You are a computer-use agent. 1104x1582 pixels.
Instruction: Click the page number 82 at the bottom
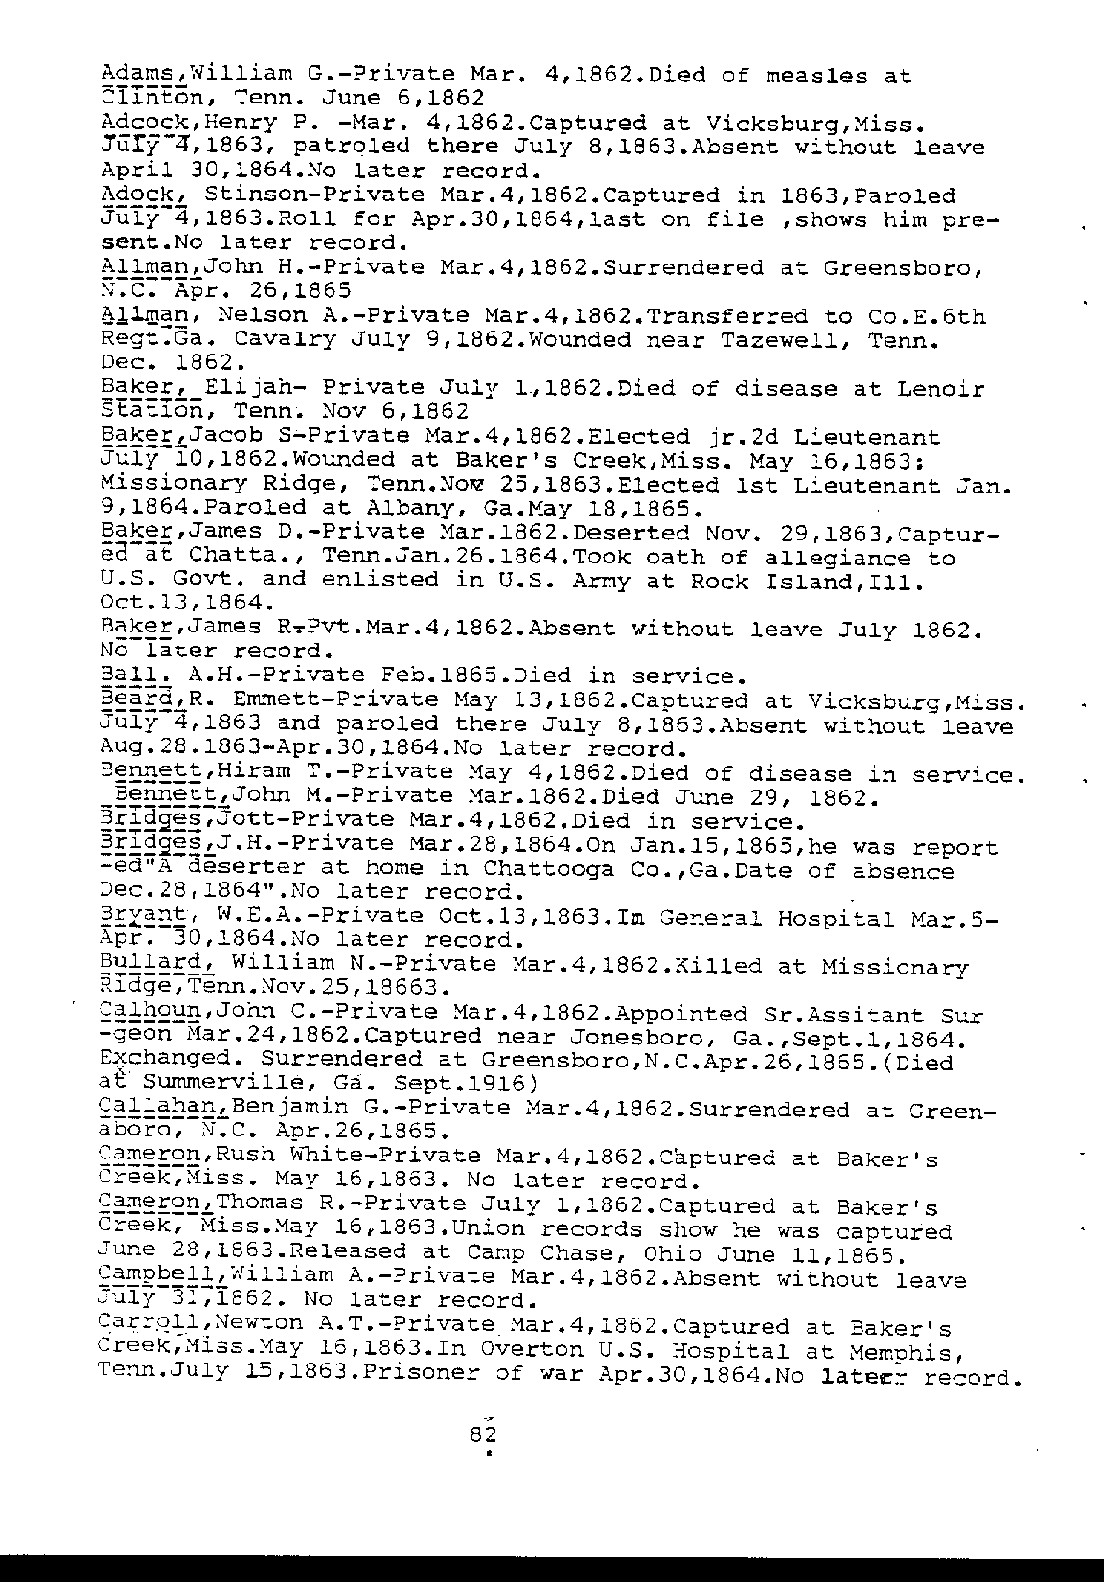[481, 1434]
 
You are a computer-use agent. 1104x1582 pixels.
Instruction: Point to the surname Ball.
[128, 676]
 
